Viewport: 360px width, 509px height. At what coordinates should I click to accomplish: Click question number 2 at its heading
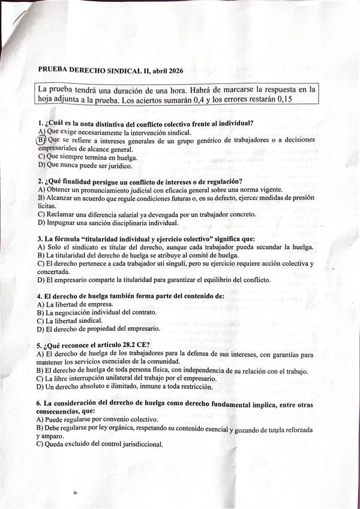pyautogui.click(x=40, y=181)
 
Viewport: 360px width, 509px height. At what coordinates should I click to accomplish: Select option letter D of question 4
pyautogui.click(x=40, y=329)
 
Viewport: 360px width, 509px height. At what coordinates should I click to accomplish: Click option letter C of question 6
pyautogui.click(x=40, y=444)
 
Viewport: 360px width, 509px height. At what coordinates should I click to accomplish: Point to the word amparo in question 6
pyautogui.click(x=53, y=436)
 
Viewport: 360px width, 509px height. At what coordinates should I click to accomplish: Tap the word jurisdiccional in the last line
pyautogui.click(x=139, y=444)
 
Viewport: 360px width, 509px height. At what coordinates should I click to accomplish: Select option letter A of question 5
pyautogui.click(x=40, y=354)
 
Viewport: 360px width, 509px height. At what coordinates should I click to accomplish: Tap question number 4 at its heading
pyautogui.click(x=40, y=296)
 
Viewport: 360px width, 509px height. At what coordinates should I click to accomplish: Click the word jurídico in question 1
pyautogui.click(x=116, y=165)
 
